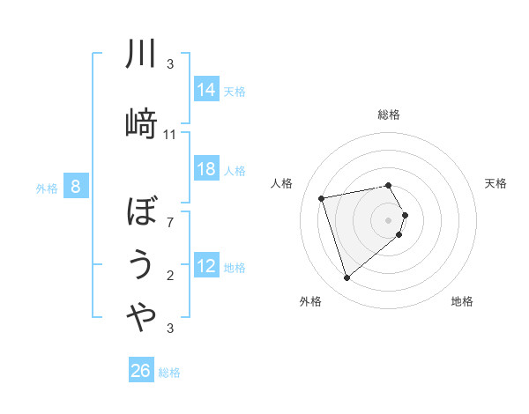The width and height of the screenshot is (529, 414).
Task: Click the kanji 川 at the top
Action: click(141, 55)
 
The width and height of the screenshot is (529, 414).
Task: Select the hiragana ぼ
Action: click(141, 212)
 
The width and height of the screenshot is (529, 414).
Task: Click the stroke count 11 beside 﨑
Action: click(170, 135)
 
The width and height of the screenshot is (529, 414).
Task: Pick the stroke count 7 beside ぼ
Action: click(170, 223)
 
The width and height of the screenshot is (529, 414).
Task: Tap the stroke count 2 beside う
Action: click(170, 276)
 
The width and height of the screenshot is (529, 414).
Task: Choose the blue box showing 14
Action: click(206, 90)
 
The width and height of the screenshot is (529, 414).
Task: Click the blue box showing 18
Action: click(206, 169)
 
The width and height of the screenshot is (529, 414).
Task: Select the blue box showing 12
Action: click(206, 266)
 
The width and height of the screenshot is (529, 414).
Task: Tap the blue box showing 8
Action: click(77, 186)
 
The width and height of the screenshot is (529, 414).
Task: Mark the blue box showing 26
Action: click(141, 371)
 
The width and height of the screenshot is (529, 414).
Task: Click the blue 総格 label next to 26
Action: click(169, 373)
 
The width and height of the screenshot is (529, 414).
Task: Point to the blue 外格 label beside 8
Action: click(47, 188)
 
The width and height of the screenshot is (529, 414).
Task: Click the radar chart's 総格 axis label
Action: click(389, 115)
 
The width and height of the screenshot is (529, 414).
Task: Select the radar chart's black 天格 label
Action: click(495, 183)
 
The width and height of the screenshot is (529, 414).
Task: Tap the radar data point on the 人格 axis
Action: click(322, 197)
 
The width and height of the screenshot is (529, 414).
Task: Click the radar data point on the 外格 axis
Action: click(347, 278)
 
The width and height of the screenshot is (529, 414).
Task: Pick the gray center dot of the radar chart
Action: click(388, 219)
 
